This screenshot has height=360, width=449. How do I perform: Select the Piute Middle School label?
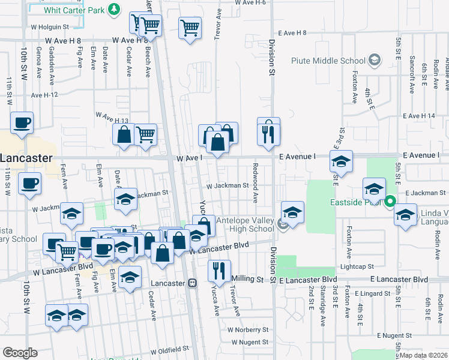328,60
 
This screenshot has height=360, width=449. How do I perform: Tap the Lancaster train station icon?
193,283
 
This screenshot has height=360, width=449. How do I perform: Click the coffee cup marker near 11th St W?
22,122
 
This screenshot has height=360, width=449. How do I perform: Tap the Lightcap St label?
357,266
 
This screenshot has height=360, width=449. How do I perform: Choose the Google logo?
20,353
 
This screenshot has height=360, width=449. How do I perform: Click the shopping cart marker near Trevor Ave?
190,27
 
